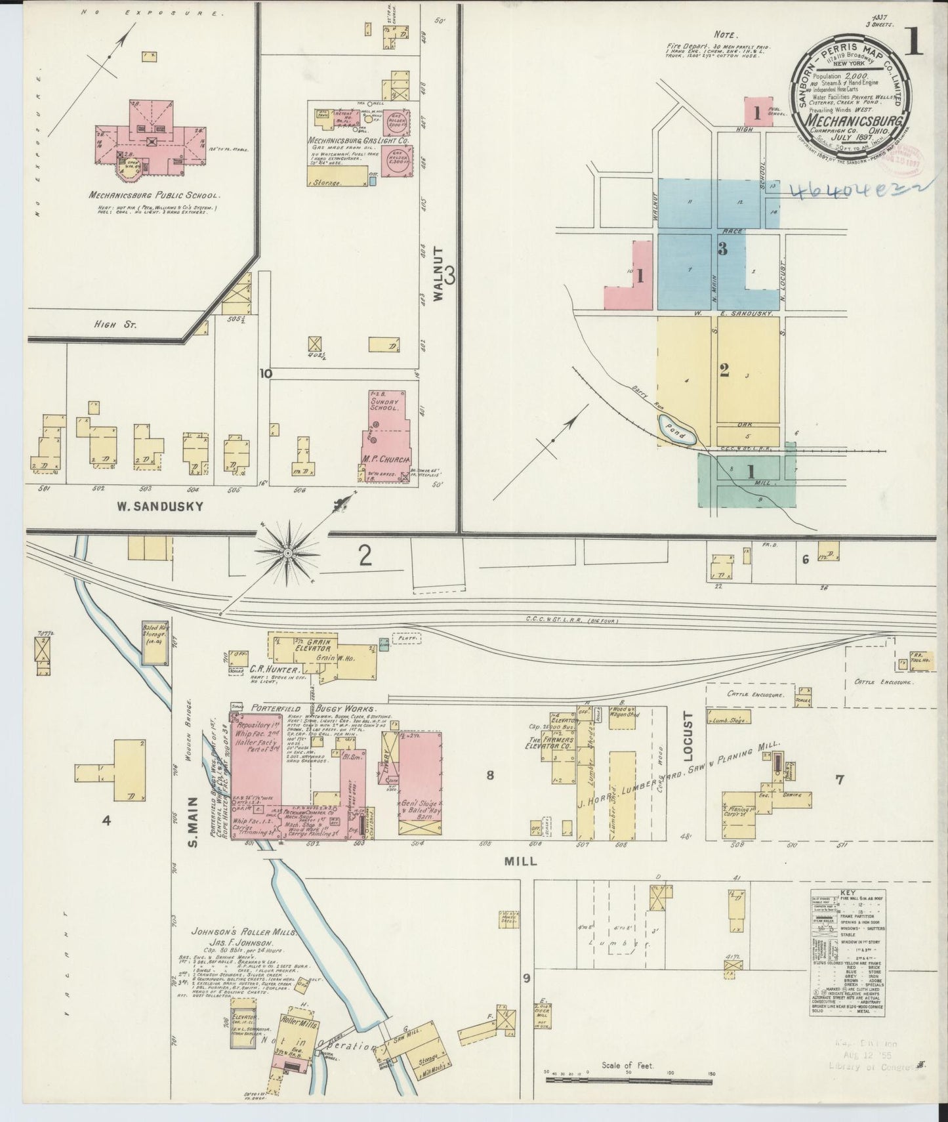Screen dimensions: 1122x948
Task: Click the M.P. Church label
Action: pyautogui.click(x=386, y=459)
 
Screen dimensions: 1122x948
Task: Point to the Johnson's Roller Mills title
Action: pyautogui.click(x=245, y=932)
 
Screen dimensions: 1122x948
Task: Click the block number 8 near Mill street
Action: pyautogui.click(x=489, y=776)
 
